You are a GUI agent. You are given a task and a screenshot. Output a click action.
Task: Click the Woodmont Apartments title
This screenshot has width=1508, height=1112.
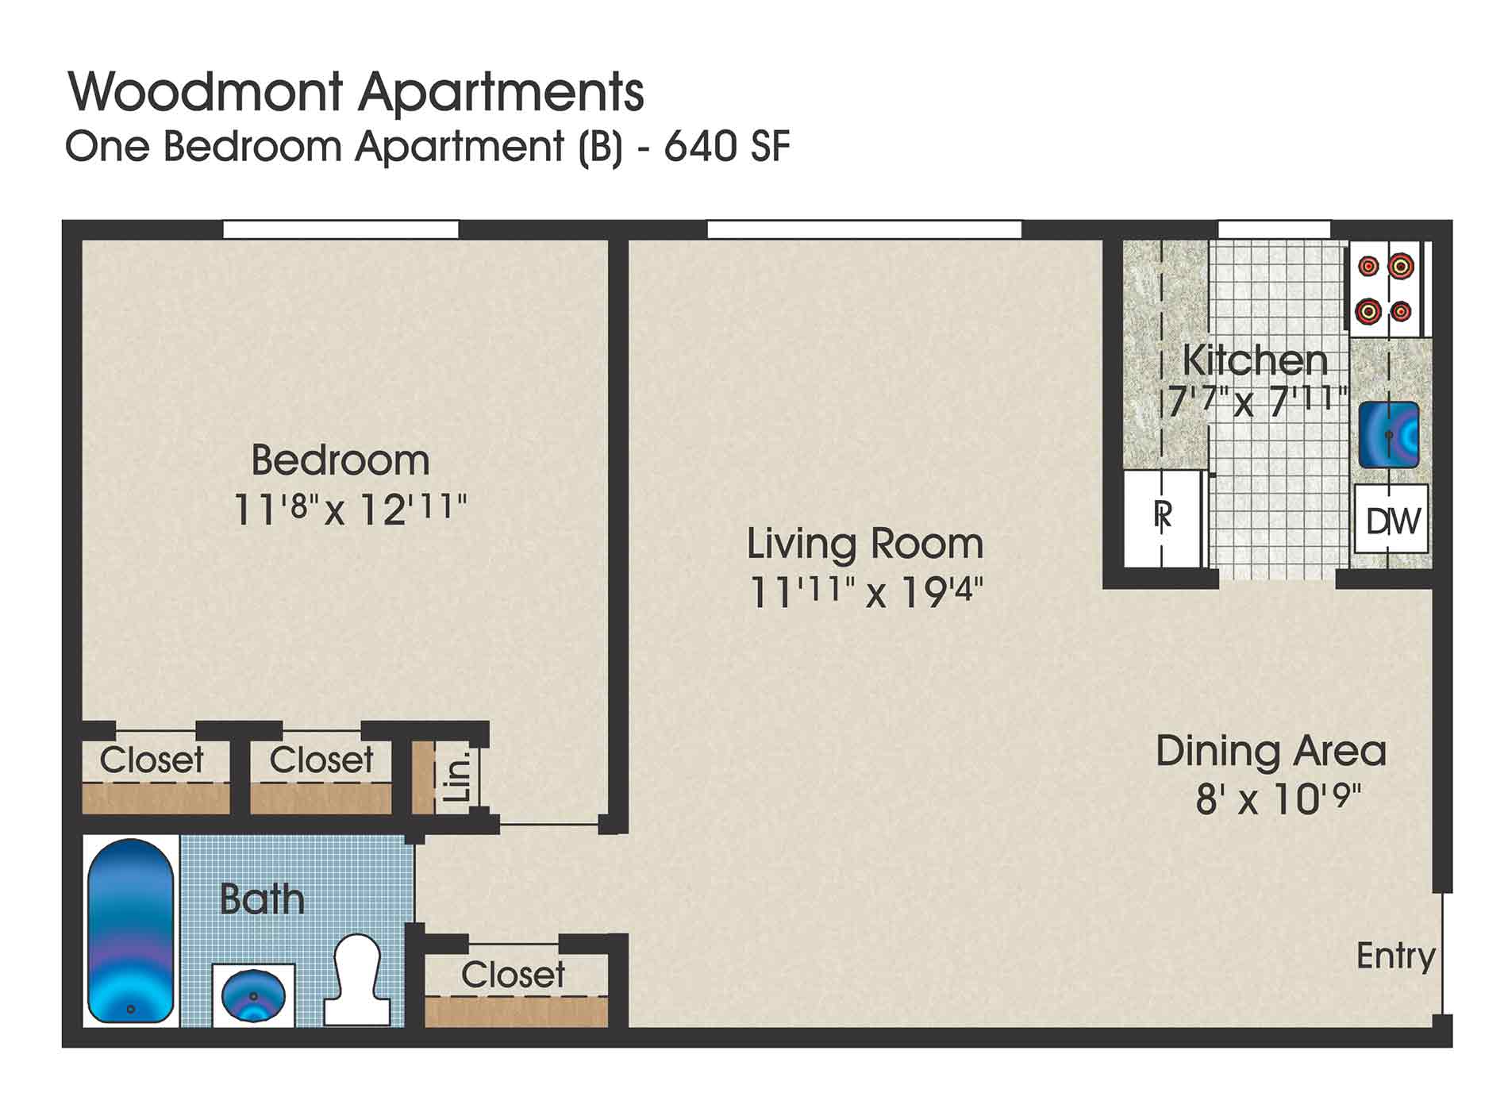(x=356, y=92)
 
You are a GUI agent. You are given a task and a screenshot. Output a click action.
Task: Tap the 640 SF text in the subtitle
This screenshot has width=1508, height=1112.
(x=727, y=147)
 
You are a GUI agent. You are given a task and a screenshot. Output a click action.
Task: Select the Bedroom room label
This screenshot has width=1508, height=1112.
(x=340, y=460)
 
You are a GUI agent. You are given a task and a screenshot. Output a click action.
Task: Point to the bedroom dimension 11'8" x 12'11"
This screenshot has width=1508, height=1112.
(x=349, y=509)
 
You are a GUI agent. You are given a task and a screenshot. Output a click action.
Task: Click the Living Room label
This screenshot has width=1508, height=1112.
(x=865, y=544)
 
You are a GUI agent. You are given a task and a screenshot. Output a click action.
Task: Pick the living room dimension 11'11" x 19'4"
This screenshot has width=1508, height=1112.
(x=867, y=592)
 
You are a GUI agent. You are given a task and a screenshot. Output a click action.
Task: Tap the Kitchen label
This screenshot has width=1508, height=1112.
(x=1255, y=360)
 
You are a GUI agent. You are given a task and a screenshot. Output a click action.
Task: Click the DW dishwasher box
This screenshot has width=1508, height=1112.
(x=1393, y=521)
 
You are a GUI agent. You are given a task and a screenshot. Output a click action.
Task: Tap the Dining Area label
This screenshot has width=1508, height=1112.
(x=1270, y=751)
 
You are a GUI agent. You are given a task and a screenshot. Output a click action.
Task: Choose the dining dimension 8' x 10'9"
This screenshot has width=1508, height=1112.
(x=1278, y=799)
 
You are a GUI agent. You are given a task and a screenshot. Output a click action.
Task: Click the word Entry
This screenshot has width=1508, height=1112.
(x=1395, y=956)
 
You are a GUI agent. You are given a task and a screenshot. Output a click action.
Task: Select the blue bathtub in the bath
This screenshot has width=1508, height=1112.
(x=130, y=932)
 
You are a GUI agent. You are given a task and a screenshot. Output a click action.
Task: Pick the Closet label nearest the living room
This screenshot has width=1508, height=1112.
(x=513, y=975)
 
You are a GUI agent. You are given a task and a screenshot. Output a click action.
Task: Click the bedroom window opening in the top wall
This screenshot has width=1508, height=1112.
(x=340, y=230)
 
